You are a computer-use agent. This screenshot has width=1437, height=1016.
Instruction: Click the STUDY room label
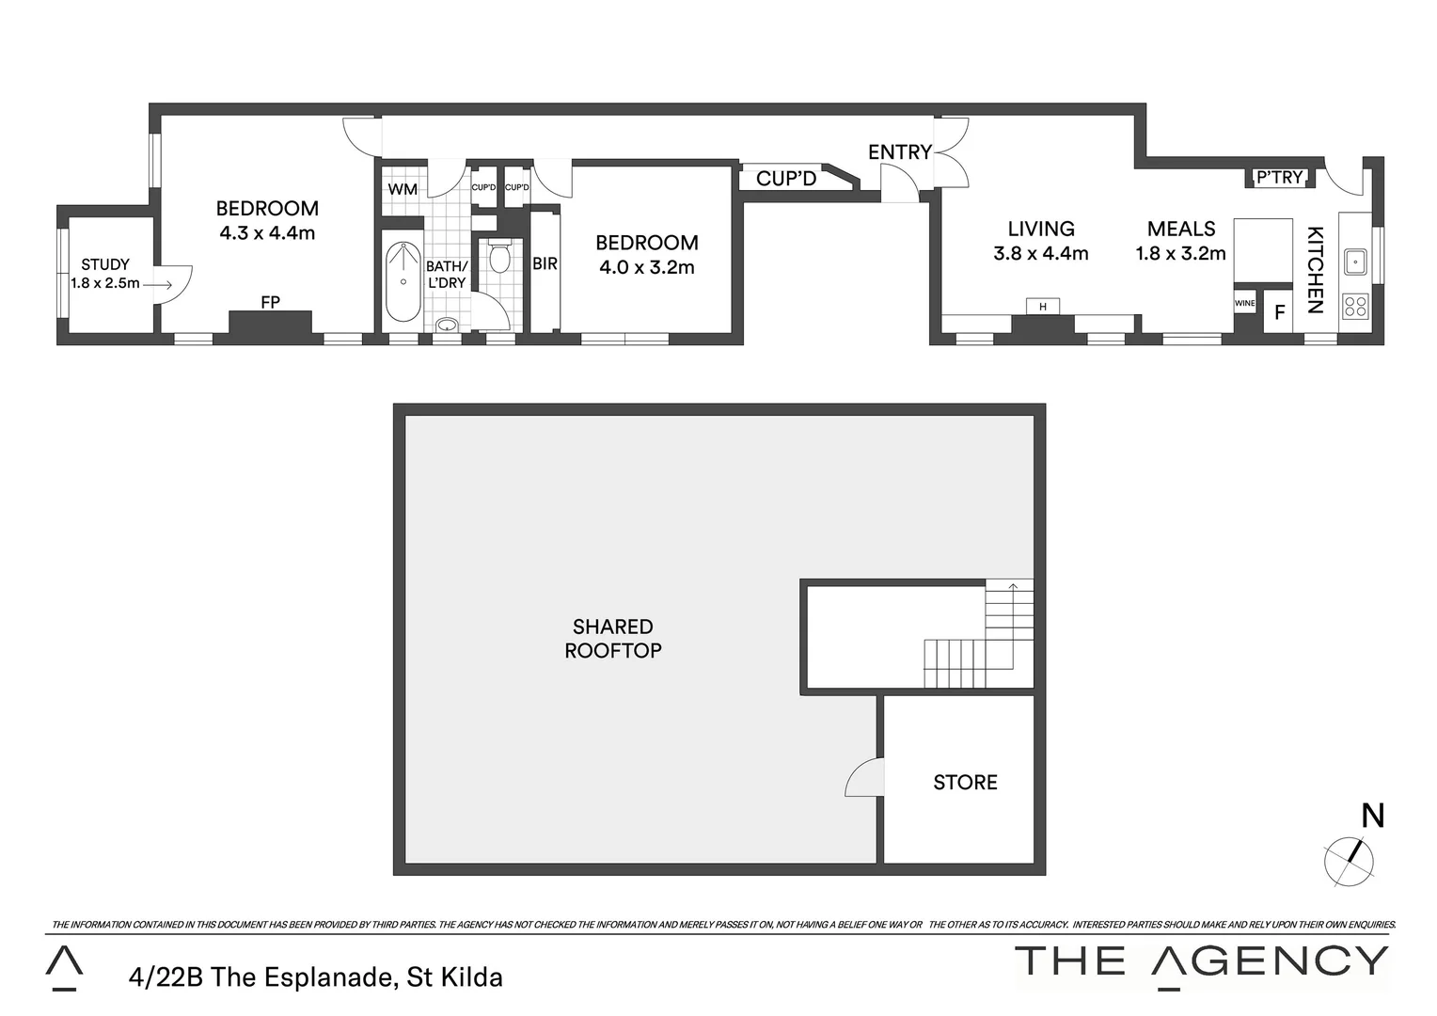pyautogui.click(x=105, y=264)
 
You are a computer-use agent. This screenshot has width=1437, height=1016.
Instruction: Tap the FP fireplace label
pyautogui.click(x=270, y=302)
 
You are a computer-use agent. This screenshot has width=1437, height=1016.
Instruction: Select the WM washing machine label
pyautogui.click(x=403, y=189)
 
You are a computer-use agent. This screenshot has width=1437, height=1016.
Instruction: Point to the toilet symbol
pyautogui.click(x=499, y=256)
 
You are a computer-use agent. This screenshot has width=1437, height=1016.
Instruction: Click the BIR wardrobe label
pyautogui.click(x=545, y=264)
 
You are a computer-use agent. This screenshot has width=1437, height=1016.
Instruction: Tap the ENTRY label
pyautogui.click(x=899, y=151)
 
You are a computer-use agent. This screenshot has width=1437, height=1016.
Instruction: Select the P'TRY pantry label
pyautogui.click(x=1280, y=177)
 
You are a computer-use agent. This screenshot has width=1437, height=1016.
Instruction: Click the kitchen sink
pyautogui.click(x=1354, y=261)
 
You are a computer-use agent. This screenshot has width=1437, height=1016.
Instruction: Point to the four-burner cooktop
pyautogui.click(x=1355, y=305)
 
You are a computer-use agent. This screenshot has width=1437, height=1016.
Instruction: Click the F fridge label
pyautogui.click(x=1279, y=312)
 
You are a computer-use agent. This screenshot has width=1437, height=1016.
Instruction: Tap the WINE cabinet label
pyautogui.click(x=1244, y=303)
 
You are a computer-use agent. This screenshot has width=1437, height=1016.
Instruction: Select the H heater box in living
pyautogui.click(x=1042, y=307)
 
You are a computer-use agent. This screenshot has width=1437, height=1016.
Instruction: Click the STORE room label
pyautogui.click(x=965, y=782)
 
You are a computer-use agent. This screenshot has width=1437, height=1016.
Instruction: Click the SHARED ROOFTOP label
pyautogui.click(x=613, y=638)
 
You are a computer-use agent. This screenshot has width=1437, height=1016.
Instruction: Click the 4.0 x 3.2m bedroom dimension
pyautogui.click(x=647, y=267)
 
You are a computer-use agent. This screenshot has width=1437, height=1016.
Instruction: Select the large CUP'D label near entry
pyautogui.click(x=786, y=178)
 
